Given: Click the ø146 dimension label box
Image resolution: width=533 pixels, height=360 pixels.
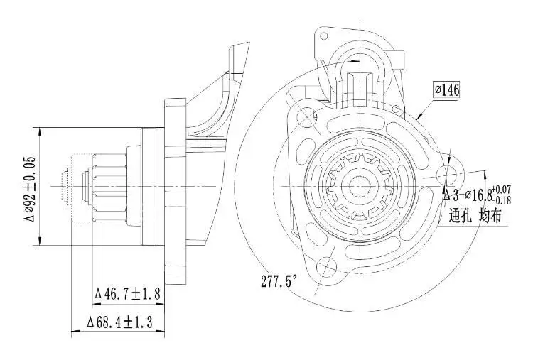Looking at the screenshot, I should pos(446,90).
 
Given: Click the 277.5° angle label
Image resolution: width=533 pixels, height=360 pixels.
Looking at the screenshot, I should pos(279,280).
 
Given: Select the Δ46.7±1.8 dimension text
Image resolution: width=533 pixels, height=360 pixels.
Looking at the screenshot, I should pos(129,293).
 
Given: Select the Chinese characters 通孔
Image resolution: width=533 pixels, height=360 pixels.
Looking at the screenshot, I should pos(461,216).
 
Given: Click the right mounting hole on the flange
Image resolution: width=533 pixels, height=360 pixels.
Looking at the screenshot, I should pos(448,175).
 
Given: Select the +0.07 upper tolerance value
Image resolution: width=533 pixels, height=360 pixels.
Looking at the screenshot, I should pos(502,189).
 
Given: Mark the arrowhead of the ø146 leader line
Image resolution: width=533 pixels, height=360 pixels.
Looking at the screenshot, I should pos(419,118).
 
